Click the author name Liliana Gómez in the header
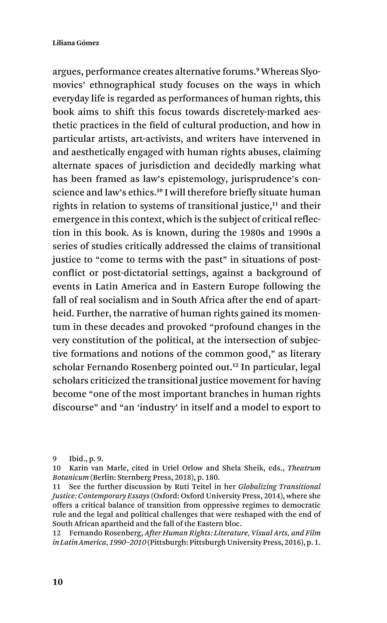75,43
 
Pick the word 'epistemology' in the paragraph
196,179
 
